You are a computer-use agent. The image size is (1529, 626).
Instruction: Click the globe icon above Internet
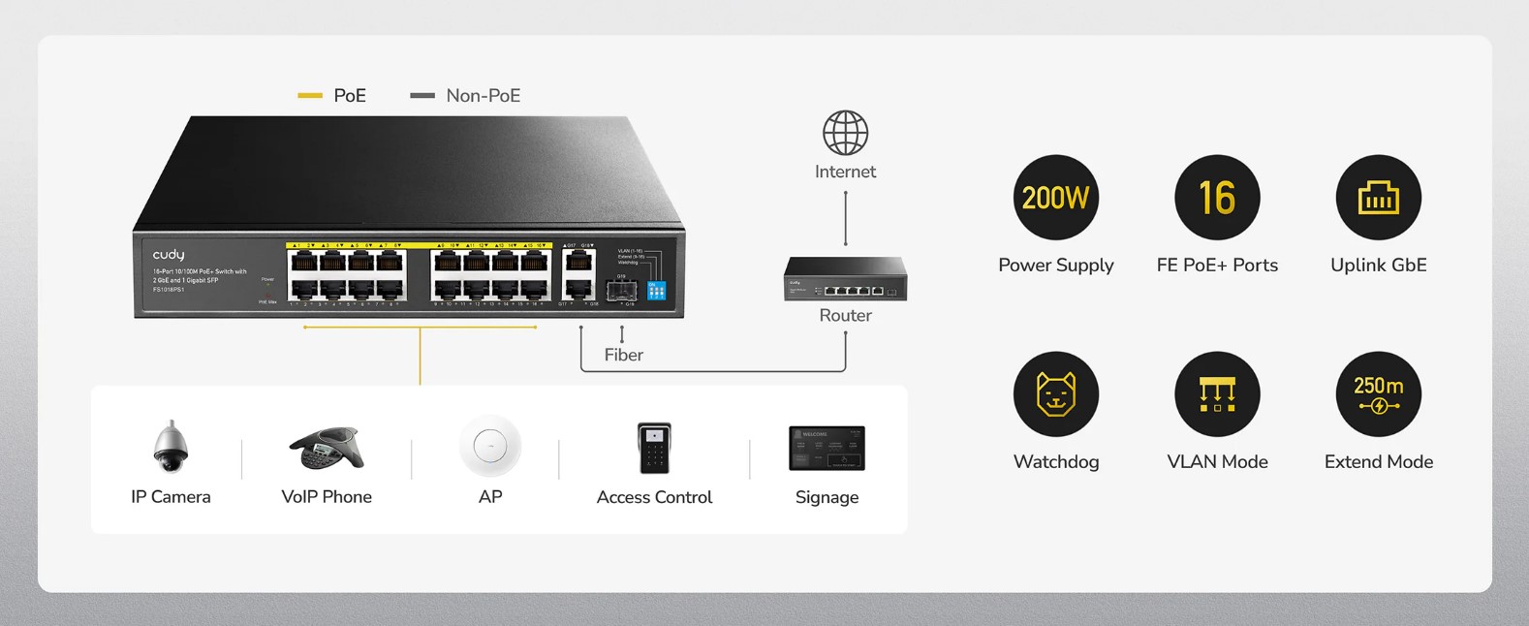[x=845, y=133]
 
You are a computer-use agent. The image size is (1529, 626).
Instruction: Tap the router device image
[x=845, y=279]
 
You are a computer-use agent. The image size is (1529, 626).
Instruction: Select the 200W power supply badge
[x=1055, y=198]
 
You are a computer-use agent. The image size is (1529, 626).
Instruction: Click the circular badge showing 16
[x=1217, y=198]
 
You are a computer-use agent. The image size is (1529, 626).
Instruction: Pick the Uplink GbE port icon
[x=1378, y=198]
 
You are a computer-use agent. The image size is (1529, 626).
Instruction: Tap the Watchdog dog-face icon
[x=1055, y=394]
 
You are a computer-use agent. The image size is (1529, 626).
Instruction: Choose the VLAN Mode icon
[x=1217, y=394]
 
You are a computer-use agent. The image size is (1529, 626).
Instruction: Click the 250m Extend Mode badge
[x=1378, y=394]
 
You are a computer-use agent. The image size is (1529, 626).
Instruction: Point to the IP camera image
[x=171, y=447]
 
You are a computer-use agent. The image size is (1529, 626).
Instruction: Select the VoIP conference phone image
[x=327, y=447]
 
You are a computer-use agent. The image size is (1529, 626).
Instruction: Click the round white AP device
[x=490, y=447]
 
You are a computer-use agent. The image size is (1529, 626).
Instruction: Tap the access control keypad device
[x=654, y=448]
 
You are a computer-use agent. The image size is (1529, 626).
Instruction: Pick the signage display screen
[x=827, y=448]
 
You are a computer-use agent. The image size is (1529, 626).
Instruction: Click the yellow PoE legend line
[x=310, y=96]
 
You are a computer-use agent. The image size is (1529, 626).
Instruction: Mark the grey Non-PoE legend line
[x=422, y=96]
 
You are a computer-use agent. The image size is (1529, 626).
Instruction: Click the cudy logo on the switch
[x=169, y=255]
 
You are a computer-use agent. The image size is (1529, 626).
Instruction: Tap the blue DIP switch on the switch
[x=656, y=290]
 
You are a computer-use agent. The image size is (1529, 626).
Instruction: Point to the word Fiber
[x=623, y=355]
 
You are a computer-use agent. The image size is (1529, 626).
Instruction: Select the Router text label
[x=845, y=315]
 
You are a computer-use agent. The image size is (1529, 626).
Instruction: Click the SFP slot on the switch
[x=621, y=290]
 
